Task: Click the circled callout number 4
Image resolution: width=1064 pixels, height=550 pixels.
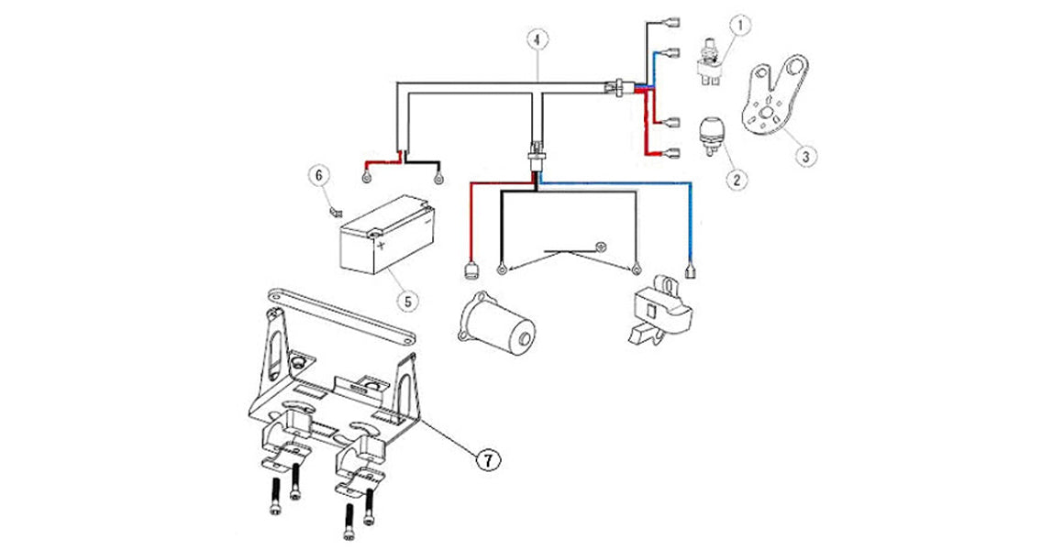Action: (x=538, y=39)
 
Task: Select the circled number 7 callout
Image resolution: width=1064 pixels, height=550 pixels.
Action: (x=488, y=459)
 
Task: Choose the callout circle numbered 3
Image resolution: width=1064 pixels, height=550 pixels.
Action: (x=804, y=157)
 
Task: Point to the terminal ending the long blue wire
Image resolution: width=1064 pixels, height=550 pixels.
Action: (x=689, y=269)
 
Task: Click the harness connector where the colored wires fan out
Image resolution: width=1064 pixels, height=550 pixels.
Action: (x=619, y=86)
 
